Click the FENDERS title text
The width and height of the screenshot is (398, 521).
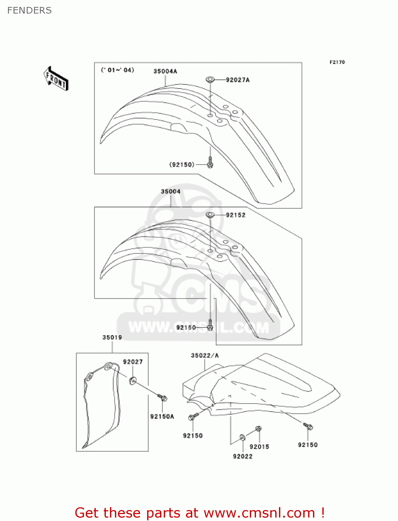point(29,10)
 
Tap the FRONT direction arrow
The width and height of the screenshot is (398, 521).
point(56,79)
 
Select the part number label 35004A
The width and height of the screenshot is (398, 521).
point(165,71)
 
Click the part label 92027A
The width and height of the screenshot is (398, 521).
point(238,80)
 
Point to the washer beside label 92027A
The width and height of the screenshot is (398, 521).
point(210,80)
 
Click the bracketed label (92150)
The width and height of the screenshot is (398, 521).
point(182,165)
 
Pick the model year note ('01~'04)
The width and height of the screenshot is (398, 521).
point(117,70)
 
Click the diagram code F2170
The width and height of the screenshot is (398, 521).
point(337,62)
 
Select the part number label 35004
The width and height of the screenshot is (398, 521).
point(170,191)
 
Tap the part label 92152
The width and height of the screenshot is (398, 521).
point(236,215)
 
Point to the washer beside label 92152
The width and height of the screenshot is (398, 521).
point(210,215)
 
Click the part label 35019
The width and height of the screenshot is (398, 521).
point(112,337)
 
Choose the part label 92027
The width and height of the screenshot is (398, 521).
point(133,362)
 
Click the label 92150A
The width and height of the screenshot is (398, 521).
point(162,416)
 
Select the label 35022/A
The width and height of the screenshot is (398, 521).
point(205,355)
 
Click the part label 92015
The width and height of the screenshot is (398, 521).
point(259,447)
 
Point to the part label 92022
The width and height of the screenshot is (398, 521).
point(243,456)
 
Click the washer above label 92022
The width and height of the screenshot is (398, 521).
point(243,437)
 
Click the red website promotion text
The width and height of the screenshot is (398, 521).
point(200,513)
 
